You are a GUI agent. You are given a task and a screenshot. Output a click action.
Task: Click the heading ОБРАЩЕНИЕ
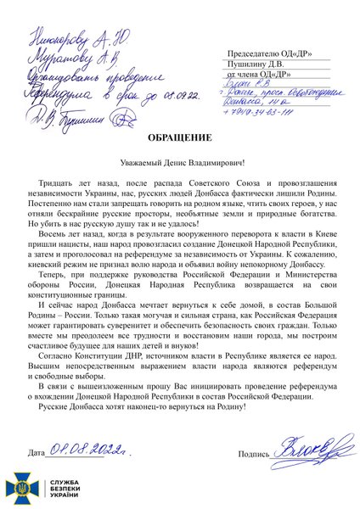(180, 137)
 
